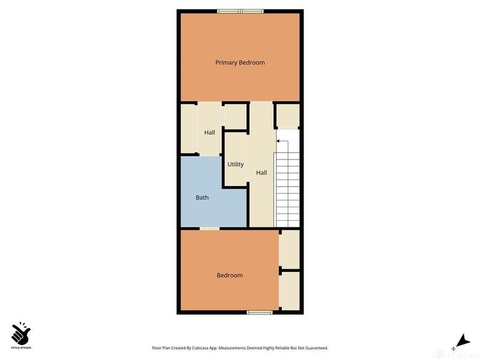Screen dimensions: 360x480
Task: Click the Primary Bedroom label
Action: click(240, 62)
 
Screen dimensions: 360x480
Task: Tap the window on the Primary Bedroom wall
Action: click(240, 10)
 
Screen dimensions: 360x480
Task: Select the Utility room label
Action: click(235, 164)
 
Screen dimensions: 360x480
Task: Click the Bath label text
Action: click(202, 197)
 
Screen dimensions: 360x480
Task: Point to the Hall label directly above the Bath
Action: click(209, 133)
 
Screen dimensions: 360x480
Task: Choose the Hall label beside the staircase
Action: click(262, 173)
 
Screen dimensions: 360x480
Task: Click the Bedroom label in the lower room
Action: click(229, 275)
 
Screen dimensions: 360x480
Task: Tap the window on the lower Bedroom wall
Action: click(260, 312)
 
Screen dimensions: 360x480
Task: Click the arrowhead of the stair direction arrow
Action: click(278, 142)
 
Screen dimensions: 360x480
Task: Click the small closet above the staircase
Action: click(287, 115)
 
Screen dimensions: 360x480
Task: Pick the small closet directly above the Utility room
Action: click(235, 116)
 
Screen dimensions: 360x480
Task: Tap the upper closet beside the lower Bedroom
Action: click(290, 249)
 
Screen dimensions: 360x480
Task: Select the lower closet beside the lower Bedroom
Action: click(290, 291)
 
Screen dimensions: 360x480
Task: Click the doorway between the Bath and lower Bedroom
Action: click(209, 229)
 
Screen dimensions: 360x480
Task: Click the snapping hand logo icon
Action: click(21, 331)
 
